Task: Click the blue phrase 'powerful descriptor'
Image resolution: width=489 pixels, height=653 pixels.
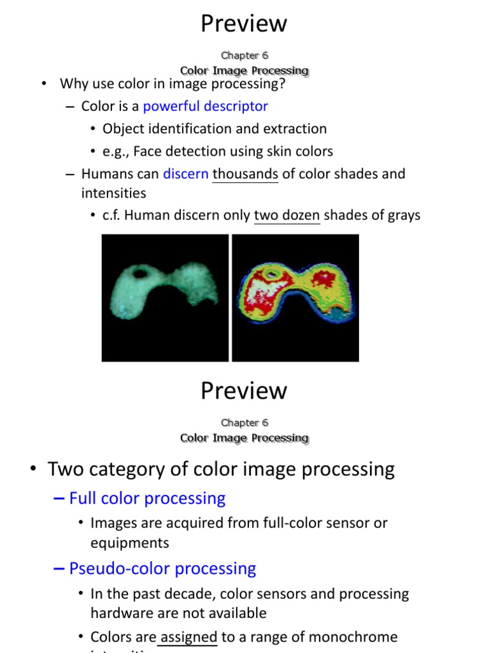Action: click(205, 106)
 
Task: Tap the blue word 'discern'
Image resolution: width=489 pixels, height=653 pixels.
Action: click(185, 173)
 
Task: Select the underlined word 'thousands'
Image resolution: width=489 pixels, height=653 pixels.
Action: click(245, 173)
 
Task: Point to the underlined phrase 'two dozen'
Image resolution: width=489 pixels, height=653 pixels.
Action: click(287, 216)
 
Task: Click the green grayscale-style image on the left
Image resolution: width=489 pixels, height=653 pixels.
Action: click(165, 298)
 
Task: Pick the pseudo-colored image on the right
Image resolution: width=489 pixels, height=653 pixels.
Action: click(295, 298)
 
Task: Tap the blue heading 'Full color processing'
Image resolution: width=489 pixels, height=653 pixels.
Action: click(147, 498)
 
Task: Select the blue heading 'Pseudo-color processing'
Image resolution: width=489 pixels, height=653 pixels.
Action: click(162, 568)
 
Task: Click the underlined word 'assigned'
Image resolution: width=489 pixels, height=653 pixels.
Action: click(187, 637)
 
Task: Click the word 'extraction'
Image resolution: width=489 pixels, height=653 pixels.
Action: click(295, 129)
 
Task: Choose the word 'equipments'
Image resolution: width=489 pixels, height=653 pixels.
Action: click(130, 543)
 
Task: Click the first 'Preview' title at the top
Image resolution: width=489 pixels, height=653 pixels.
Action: click(244, 24)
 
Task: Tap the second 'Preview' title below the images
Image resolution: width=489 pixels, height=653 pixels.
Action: click(244, 391)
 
